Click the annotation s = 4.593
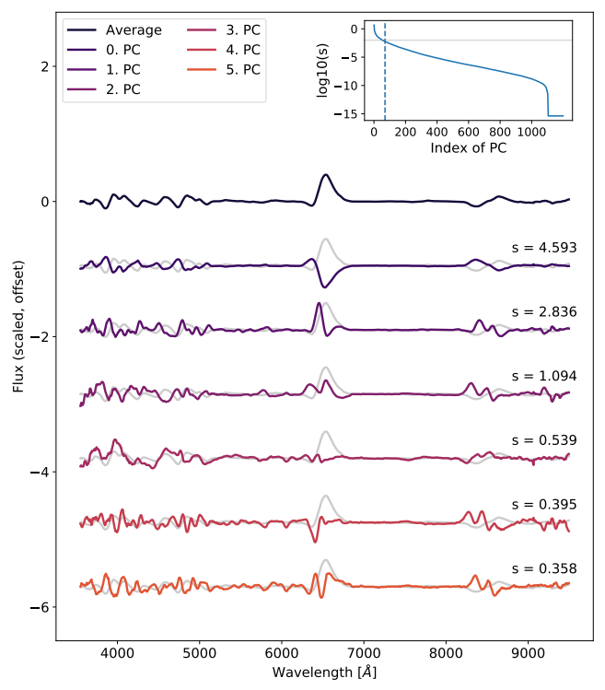click(544, 247)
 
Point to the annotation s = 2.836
click(544, 312)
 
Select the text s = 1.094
click(544, 376)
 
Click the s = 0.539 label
click(544, 439)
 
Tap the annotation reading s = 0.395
click(544, 504)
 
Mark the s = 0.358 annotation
click(544, 568)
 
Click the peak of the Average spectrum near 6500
click(325, 175)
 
